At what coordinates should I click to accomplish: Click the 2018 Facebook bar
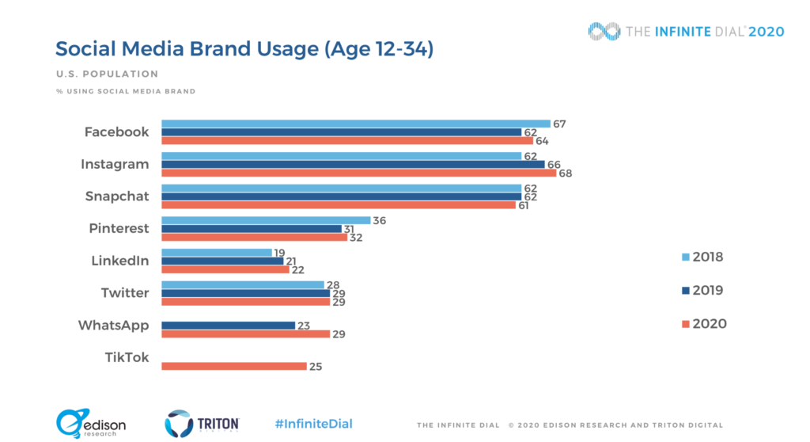356,124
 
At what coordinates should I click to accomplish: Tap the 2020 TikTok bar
233,366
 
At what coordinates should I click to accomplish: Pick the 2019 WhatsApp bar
228,325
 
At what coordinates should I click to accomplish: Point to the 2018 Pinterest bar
266,220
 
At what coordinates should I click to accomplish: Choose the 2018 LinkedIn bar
216,253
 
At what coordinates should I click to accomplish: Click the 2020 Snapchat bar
339,205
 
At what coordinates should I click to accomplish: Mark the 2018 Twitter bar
243,284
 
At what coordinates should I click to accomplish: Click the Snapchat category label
117,196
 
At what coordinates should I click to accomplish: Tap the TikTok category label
127,357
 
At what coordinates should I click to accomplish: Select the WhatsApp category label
113,325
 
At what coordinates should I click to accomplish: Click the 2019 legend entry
702,290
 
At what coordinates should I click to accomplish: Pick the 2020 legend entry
704,323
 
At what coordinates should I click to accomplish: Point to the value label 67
560,124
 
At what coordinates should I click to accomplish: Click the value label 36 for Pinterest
380,220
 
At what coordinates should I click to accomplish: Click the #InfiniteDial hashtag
313,424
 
